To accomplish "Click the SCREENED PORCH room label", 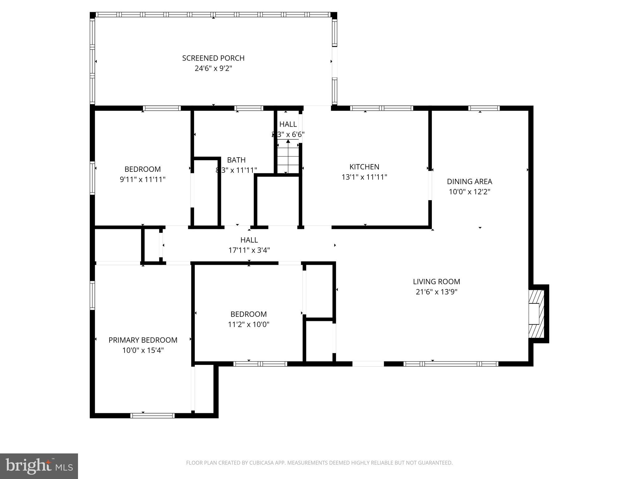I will tap(213, 58).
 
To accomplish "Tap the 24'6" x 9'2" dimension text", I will tap(213, 68).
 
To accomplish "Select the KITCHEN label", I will tap(364, 167).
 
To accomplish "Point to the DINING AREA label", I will tap(469, 181).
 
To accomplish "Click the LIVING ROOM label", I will tap(436, 282).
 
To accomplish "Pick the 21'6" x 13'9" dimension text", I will tap(436, 292).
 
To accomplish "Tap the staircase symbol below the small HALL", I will tap(288, 157).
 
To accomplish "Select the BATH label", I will tap(236, 160).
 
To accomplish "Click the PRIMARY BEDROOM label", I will tap(143, 340).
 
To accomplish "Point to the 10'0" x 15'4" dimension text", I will tap(143, 350).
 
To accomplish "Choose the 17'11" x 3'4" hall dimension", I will tap(249, 250).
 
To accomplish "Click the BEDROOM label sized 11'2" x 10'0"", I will tap(248, 314).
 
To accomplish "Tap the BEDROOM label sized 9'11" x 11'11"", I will tap(143, 169).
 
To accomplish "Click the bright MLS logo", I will tap(39, 466).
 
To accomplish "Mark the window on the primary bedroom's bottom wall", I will tap(152, 415).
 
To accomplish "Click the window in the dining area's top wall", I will tap(484, 108).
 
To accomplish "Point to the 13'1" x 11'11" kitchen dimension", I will tap(364, 177).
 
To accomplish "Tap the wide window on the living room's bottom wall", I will tap(451, 364).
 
